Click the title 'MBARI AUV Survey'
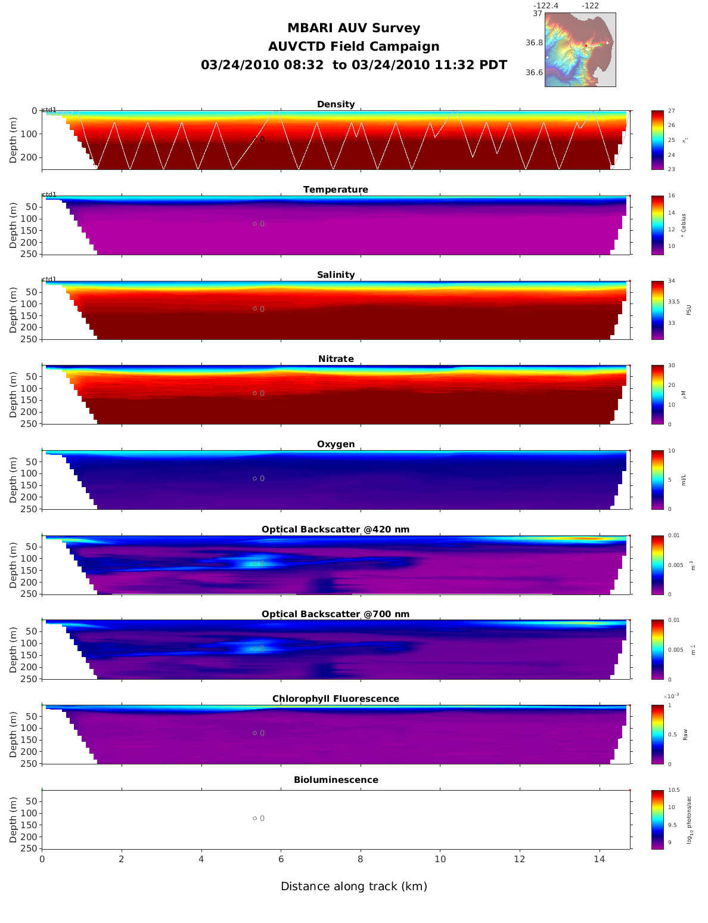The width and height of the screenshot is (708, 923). coord(353,28)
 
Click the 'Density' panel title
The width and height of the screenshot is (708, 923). coord(336,104)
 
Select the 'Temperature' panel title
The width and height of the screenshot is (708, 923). coord(336,190)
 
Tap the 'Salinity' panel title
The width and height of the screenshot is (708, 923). coord(336,275)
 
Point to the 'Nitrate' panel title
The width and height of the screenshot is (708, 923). coord(336,359)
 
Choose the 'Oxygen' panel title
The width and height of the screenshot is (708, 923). coord(336,444)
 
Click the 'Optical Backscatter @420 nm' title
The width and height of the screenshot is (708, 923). coord(336,529)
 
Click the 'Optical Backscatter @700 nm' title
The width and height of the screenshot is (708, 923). coord(336,614)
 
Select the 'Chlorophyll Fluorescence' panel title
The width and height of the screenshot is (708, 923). coord(336,699)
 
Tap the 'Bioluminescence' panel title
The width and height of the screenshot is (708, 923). coord(336,780)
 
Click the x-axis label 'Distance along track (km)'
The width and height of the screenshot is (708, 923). coord(354,887)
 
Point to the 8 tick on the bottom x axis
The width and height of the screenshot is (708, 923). coord(361,859)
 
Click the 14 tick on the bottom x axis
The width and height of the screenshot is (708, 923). coord(600,859)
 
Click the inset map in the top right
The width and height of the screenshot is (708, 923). coord(580,50)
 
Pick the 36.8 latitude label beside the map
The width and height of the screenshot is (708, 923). coord(534,43)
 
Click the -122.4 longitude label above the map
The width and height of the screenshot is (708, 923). coord(545,6)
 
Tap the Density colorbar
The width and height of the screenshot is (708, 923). coord(657,140)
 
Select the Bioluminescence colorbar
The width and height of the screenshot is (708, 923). coord(657,819)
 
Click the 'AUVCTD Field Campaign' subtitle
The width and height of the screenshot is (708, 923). coord(353,47)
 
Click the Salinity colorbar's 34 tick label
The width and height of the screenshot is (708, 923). coord(672,281)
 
